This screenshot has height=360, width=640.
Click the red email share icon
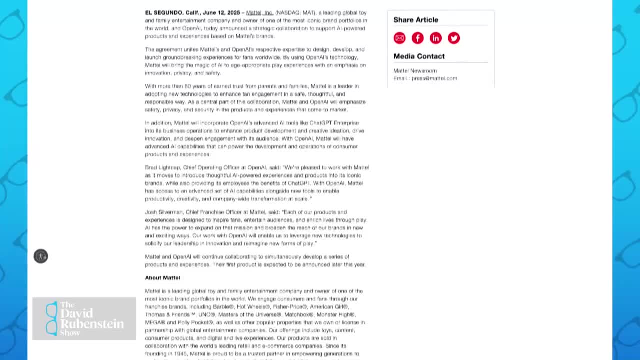[399, 38]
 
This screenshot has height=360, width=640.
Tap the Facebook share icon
[417, 38]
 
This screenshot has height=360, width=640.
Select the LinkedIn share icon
[435, 38]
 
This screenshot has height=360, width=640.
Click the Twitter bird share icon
[453, 38]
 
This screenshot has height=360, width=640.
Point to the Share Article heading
[416, 20]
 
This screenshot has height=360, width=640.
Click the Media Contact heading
[419, 56]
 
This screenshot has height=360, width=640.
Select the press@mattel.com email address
[434, 78]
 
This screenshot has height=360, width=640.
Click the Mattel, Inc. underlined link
[259, 13]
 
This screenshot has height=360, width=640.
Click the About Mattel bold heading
[162, 278]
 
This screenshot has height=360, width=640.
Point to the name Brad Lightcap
[162, 167]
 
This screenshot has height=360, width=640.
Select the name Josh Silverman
[164, 212]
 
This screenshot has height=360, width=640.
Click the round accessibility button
[41, 256]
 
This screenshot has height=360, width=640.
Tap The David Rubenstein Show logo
[84, 318]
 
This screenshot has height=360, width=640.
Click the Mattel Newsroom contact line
[415, 71]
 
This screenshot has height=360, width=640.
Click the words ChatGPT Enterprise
[334, 123]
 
